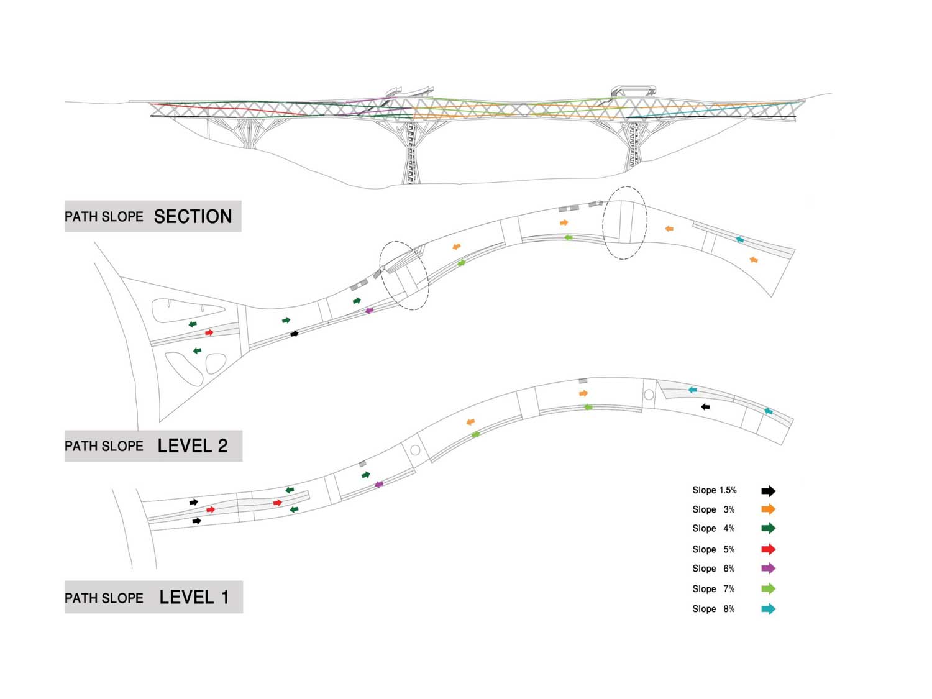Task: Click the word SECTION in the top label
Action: [193, 216]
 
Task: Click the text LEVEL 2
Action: [193, 445]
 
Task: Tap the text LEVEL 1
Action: [194, 597]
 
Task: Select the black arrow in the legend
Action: [768, 491]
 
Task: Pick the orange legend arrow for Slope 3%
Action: [768, 509]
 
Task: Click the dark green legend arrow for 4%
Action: [768, 528]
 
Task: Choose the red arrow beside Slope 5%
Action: [768, 549]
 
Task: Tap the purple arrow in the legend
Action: [768, 569]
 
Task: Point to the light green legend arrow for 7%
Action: [768, 588]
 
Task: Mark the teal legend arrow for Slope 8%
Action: [768, 609]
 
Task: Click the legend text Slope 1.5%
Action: [714, 490]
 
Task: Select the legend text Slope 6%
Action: [713, 569]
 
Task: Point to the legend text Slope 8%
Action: [713, 609]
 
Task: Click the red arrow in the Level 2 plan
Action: [209, 332]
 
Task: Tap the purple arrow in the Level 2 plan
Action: [370, 311]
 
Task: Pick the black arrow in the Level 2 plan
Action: [295, 334]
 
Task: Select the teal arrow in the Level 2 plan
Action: [739, 240]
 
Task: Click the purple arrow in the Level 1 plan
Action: [379, 484]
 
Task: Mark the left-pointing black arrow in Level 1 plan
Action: [705, 407]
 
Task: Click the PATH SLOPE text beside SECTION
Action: [104, 217]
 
